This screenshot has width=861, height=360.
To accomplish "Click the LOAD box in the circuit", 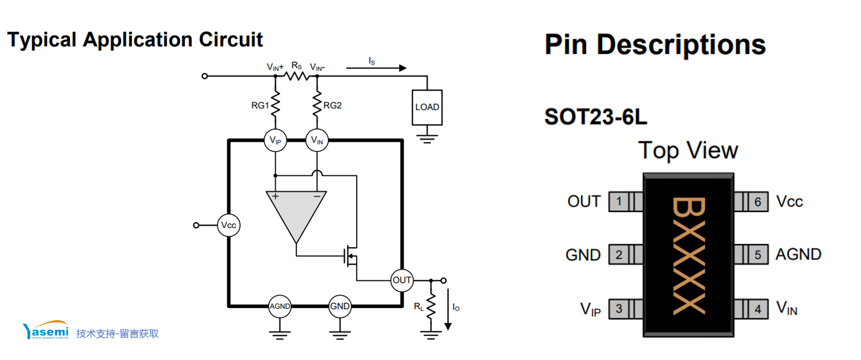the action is [427, 107].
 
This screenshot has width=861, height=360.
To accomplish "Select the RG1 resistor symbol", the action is [276, 104].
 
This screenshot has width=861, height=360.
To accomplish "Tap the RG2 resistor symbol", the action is [317, 104].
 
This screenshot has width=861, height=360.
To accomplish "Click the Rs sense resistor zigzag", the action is [296, 76].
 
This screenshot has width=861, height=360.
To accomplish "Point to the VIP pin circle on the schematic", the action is [276, 141].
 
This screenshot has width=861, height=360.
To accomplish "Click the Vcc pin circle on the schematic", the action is [229, 225].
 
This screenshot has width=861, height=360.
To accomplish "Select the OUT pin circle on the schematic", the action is [402, 280].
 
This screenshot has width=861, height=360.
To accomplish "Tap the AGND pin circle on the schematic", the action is [280, 306].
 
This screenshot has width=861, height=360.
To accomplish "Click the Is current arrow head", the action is [403, 68].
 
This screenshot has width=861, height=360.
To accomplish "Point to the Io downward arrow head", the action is [448, 326].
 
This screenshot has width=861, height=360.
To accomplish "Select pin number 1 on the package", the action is [619, 201].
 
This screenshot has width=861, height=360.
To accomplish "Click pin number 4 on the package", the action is [758, 309].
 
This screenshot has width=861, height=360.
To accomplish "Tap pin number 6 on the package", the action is [758, 201].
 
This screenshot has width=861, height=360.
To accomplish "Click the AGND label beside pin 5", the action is [798, 254].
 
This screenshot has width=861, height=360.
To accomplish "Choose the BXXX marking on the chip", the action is [689, 255].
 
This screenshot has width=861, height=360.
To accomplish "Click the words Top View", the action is [688, 150].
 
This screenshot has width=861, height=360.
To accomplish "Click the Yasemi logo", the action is [46, 330].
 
